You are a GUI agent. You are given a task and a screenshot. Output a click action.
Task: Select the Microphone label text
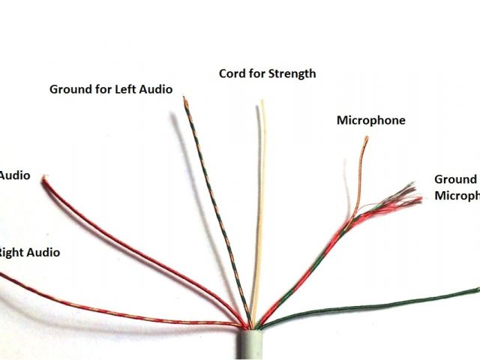370,120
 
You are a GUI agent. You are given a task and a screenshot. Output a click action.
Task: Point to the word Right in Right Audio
9,253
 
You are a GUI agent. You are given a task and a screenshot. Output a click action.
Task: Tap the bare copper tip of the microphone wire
365,140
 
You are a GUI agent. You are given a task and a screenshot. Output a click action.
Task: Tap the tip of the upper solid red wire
46,178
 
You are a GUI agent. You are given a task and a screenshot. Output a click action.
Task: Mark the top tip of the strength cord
262,101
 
